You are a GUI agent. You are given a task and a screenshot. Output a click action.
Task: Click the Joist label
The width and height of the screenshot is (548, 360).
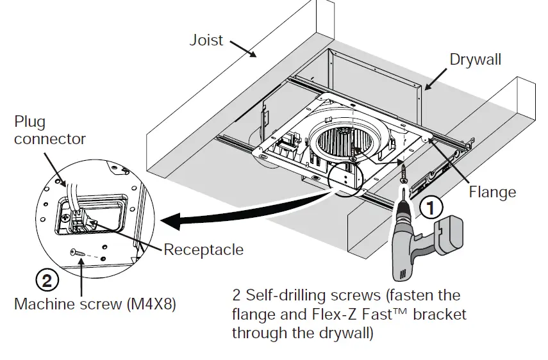(x=206, y=40)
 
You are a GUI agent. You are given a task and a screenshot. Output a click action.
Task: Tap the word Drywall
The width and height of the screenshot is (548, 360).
(x=475, y=60)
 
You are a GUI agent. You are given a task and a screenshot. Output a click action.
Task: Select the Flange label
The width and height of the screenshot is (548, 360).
(x=492, y=191)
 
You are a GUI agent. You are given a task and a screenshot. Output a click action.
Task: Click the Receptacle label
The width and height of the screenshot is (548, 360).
(x=203, y=249)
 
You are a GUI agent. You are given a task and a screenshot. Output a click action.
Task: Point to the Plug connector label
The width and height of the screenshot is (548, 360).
(x=49, y=130)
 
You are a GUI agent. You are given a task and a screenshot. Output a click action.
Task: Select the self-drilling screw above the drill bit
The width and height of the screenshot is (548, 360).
(x=404, y=172)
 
